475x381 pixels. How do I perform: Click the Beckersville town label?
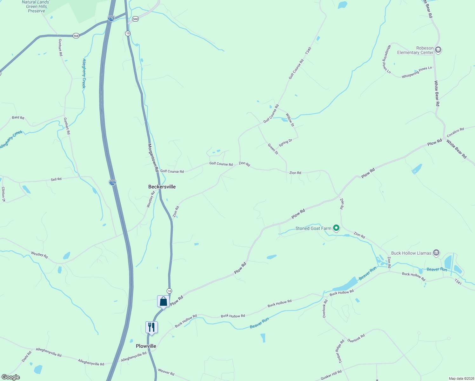coord(162,187)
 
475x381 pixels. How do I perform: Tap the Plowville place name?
coord(146,346)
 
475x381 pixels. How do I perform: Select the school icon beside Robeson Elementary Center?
coord(438,50)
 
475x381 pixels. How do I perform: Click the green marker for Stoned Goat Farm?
coord(336,228)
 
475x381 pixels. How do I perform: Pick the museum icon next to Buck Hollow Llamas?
coord(436,253)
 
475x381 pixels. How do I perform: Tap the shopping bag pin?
coord(163,301)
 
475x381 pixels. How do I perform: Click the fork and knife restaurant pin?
coord(151,327)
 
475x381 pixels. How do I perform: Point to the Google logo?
coord(11,377)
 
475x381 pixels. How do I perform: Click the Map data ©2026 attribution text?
coord(460,378)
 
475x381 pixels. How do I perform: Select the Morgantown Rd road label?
coord(153,158)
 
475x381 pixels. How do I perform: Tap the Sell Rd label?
coord(56,179)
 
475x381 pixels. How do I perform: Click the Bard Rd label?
coord(18,117)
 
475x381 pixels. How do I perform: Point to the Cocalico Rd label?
coord(455,132)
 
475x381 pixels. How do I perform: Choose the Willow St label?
coord(290,120)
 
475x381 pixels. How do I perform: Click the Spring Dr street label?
coord(285,143)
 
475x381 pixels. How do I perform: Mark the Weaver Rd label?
coord(166,372)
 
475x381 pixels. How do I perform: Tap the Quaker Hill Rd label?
coord(331,375)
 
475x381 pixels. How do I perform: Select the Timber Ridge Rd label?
coord(339,351)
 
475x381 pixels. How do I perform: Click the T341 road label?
coord(458,282)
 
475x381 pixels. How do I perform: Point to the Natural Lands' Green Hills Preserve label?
coord(36,6)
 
